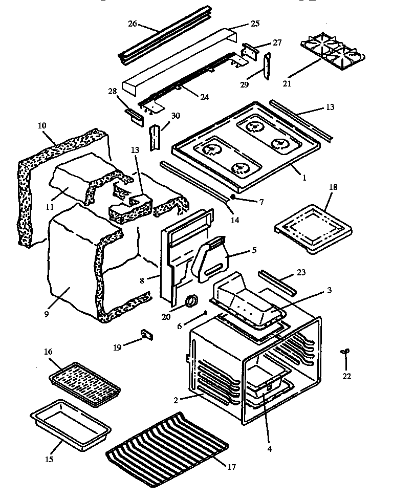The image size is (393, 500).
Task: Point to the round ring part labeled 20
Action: click(192, 301)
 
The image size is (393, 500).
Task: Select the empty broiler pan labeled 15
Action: click(70, 424)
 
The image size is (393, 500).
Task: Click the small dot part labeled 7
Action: click(233, 196)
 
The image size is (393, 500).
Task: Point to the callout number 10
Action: click(42, 125)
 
